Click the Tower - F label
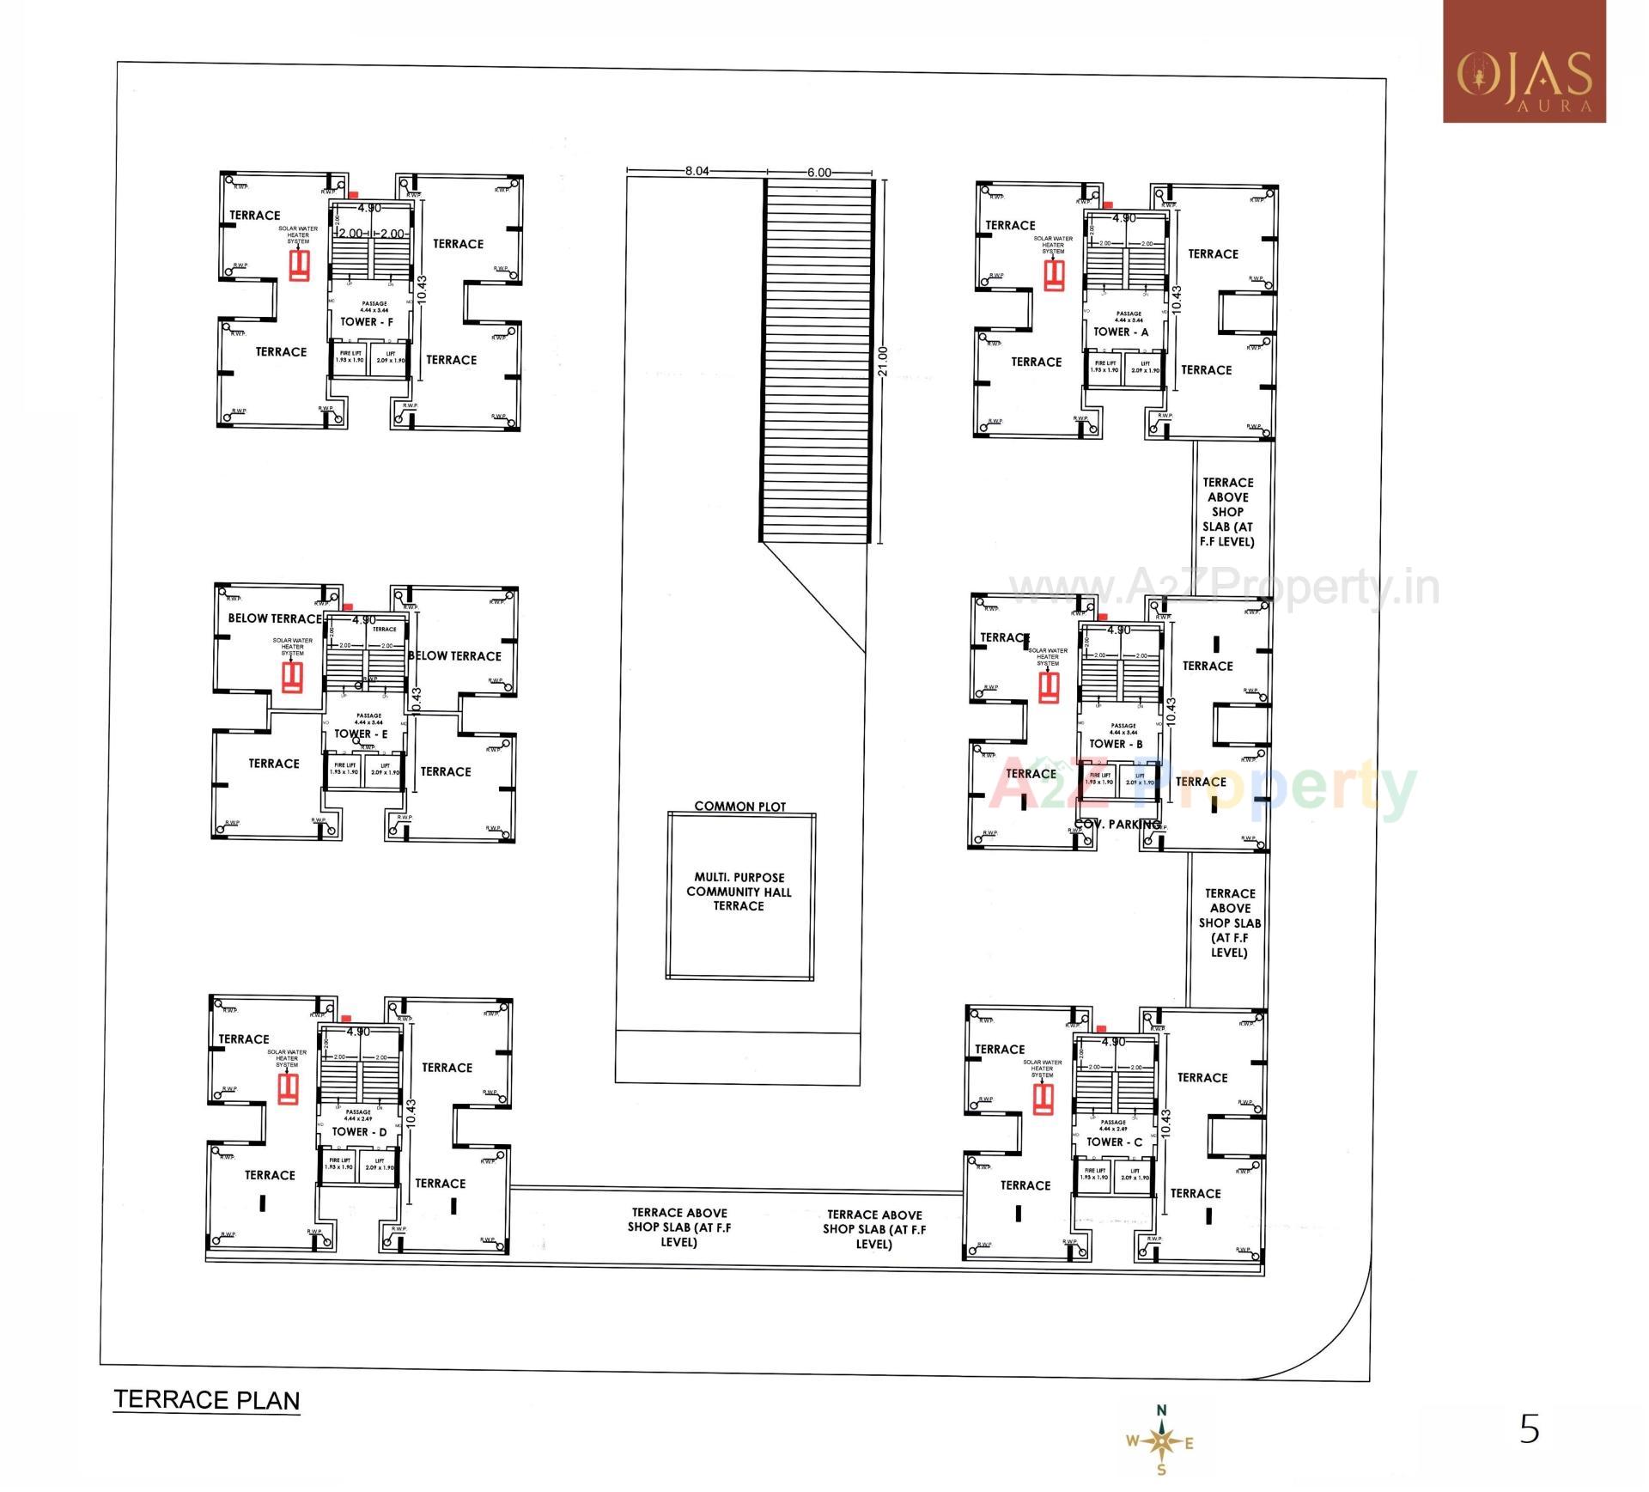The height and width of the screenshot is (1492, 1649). point(367,322)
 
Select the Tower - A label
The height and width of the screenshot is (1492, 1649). point(1120,332)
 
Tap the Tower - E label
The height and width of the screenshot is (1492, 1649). point(361,734)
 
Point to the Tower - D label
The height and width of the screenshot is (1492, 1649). point(359,1132)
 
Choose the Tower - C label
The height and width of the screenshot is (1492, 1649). point(1114,1142)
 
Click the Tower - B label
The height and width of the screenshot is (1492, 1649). point(1116,744)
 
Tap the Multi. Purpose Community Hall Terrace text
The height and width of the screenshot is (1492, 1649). point(739,892)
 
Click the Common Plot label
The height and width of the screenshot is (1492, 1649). point(739,807)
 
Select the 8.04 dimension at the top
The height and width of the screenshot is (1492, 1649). point(697,171)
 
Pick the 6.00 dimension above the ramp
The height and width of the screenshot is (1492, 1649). point(818,172)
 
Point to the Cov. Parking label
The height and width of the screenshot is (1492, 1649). point(1118,825)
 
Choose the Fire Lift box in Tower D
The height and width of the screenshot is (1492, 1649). point(339,1164)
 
